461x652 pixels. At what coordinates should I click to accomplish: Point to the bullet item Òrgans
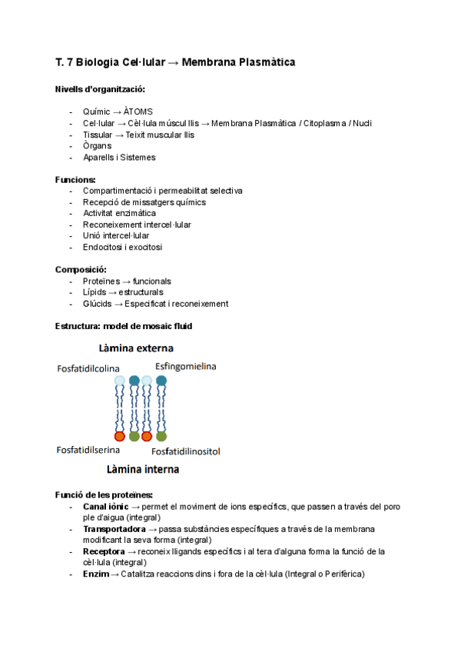click(x=97, y=146)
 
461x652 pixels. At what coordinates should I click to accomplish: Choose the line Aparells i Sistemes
click(x=119, y=158)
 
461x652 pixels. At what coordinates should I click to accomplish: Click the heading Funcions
click(x=75, y=180)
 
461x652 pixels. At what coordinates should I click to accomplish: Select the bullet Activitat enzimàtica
click(x=119, y=214)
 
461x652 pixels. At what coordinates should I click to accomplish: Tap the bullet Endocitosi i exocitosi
click(x=122, y=248)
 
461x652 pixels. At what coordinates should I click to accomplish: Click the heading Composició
click(x=81, y=270)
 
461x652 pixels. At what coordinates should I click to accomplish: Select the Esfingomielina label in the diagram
click(x=186, y=366)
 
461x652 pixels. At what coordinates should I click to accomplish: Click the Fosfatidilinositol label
click(x=186, y=451)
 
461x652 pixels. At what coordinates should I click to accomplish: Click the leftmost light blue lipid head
click(x=119, y=381)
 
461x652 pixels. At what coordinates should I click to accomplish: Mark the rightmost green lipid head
click(x=161, y=436)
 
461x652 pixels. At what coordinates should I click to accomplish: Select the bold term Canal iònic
click(x=105, y=507)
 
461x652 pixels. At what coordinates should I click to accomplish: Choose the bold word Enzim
click(x=96, y=574)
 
